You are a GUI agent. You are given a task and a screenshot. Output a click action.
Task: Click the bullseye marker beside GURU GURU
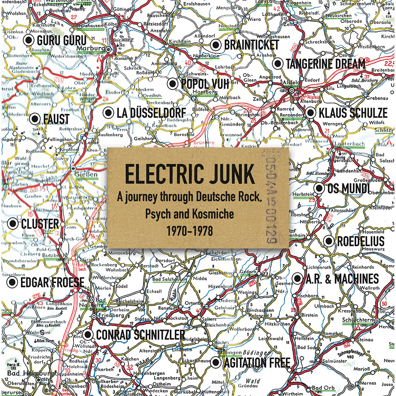(28, 40)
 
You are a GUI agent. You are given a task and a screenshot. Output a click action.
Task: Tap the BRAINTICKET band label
(251, 45)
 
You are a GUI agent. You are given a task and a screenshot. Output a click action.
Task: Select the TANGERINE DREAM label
(325, 64)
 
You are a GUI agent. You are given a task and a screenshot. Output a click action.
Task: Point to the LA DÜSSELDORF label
(151, 113)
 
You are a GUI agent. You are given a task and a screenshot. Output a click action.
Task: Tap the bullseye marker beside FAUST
(34, 119)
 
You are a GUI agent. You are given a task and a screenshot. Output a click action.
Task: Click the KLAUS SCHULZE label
(352, 113)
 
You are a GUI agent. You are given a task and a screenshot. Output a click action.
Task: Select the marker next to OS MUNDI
(319, 188)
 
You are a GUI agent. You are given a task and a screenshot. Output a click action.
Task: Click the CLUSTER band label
(40, 224)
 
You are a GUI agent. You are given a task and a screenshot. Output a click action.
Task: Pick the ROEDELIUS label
(360, 241)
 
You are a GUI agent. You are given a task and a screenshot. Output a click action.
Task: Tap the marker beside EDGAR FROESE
(12, 282)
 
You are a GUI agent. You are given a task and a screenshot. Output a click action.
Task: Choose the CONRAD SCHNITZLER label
(140, 335)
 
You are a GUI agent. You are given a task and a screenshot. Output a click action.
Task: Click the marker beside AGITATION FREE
(216, 362)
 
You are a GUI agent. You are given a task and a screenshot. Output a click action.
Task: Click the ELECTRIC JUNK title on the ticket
(189, 174)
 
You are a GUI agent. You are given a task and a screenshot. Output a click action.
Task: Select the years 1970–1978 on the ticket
(189, 231)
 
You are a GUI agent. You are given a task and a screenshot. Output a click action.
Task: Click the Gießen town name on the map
(88, 174)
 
